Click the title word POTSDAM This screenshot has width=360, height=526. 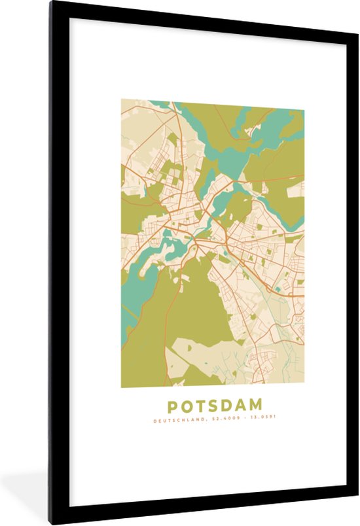pos(212,405)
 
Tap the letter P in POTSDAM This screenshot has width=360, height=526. pos(172,405)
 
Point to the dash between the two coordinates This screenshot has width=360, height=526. pos(238,419)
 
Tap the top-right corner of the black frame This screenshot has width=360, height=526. pos(357,3)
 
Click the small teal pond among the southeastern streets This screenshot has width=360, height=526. pos(279,288)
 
